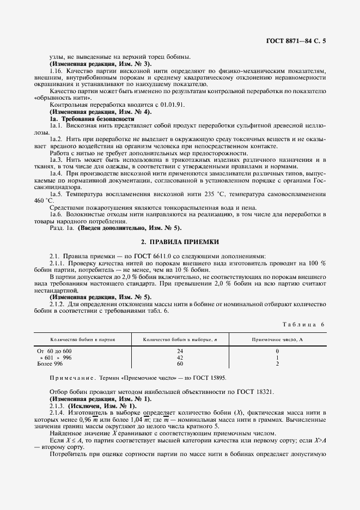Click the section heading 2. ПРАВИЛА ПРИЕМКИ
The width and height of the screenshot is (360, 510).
(x=180, y=241)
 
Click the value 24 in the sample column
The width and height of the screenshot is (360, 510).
(x=180, y=351)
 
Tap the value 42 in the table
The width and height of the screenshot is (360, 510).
(x=180, y=357)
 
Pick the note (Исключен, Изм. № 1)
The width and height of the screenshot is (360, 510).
(x=100, y=406)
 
